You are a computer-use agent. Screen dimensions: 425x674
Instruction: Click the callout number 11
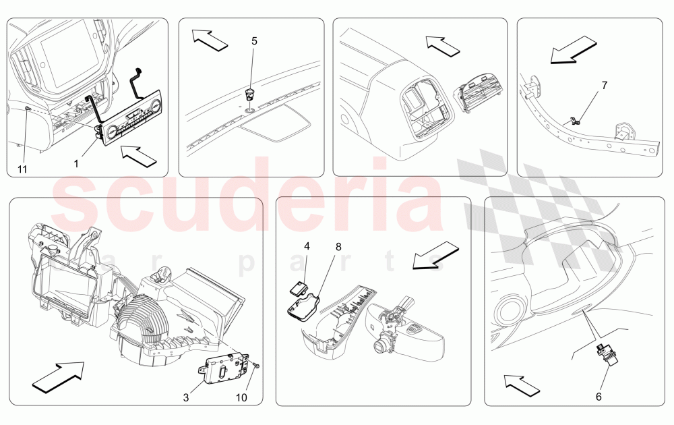[x=22, y=169]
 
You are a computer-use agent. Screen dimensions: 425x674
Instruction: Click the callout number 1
[x=76, y=163]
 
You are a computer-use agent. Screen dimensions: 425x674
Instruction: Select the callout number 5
[x=254, y=41]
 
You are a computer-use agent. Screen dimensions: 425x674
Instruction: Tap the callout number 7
[x=604, y=86]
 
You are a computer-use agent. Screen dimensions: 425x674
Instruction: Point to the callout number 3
[x=185, y=397]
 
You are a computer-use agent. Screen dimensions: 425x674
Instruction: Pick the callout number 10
[x=241, y=397]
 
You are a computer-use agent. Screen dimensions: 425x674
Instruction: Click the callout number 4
[x=307, y=247]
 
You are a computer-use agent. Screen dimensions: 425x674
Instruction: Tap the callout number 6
[x=599, y=397]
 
